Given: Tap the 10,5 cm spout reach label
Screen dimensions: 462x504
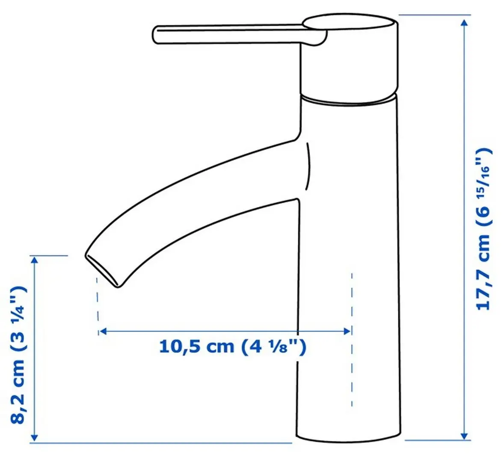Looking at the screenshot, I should (x=233, y=346).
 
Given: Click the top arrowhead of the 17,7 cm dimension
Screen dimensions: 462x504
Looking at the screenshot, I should (x=464, y=21).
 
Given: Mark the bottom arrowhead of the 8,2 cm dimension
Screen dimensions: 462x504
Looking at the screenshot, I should (x=35, y=437).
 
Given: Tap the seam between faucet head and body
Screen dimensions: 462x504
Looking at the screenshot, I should (x=349, y=101).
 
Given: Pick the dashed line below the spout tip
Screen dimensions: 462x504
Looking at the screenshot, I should (x=98, y=299).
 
